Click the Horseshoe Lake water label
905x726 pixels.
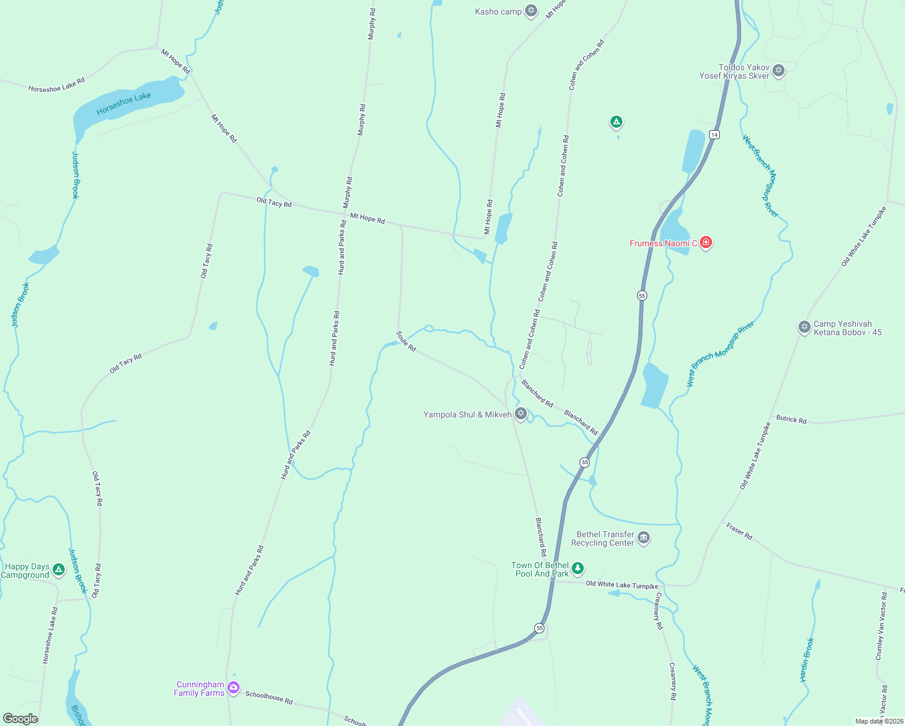pyautogui.click(x=123, y=103)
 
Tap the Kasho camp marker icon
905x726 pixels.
pyautogui.click(x=531, y=11)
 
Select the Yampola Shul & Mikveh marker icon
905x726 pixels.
pyautogui.click(x=521, y=414)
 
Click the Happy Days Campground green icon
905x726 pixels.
pyautogui.click(x=59, y=569)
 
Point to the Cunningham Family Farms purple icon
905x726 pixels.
pyautogui.click(x=234, y=688)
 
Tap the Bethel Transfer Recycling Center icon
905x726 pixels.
pyautogui.click(x=644, y=537)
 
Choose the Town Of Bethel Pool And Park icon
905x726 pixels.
pyautogui.click(x=578, y=568)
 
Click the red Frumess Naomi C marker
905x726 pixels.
pyautogui.click(x=705, y=243)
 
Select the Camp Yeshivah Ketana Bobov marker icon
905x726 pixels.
pyautogui.click(x=804, y=327)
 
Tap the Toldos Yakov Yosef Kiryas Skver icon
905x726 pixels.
pyautogui.click(x=779, y=70)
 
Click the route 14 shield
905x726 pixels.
pyautogui.click(x=714, y=134)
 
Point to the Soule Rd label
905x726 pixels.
pyautogui.click(x=406, y=341)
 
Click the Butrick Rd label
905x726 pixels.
pyautogui.click(x=791, y=419)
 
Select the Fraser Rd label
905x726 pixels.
pyautogui.click(x=739, y=531)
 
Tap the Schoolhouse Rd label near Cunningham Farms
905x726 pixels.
pyautogui.click(x=269, y=697)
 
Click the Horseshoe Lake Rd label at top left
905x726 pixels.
pyautogui.click(x=56, y=85)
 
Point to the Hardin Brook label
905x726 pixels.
pyautogui.click(x=807, y=659)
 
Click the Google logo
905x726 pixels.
pyautogui.click(x=20, y=719)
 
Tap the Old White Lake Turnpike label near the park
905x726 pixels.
pyautogui.click(x=622, y=585)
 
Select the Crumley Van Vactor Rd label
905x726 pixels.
pyautogui.click(x=881, y=626)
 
